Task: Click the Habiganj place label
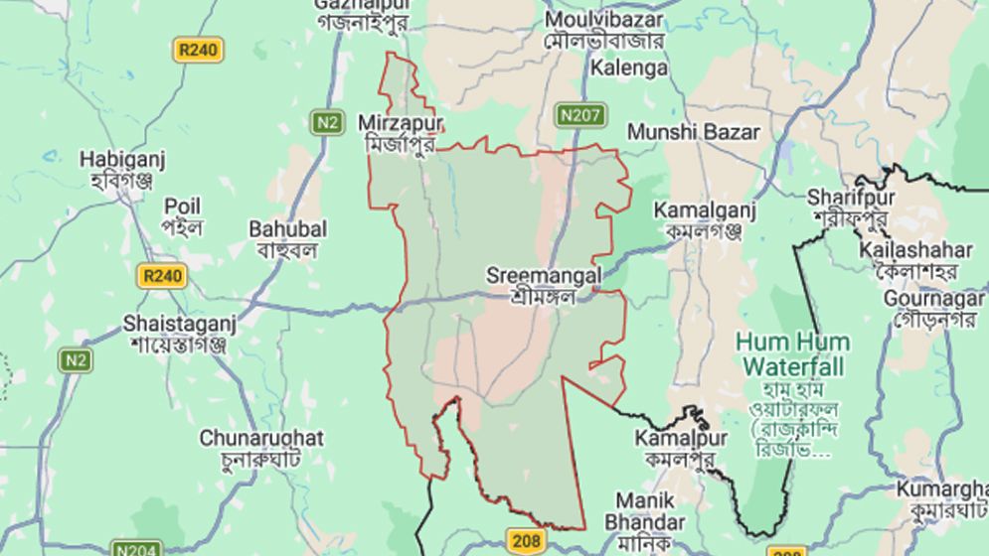122,169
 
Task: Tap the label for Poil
182,216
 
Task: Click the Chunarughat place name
261,448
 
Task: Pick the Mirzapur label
402,134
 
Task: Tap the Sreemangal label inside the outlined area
544,284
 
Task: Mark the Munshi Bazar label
693,132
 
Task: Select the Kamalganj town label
705,220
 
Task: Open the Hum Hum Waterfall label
792,353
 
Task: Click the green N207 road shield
578,115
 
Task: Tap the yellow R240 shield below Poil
161,275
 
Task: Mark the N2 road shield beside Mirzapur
326,122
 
